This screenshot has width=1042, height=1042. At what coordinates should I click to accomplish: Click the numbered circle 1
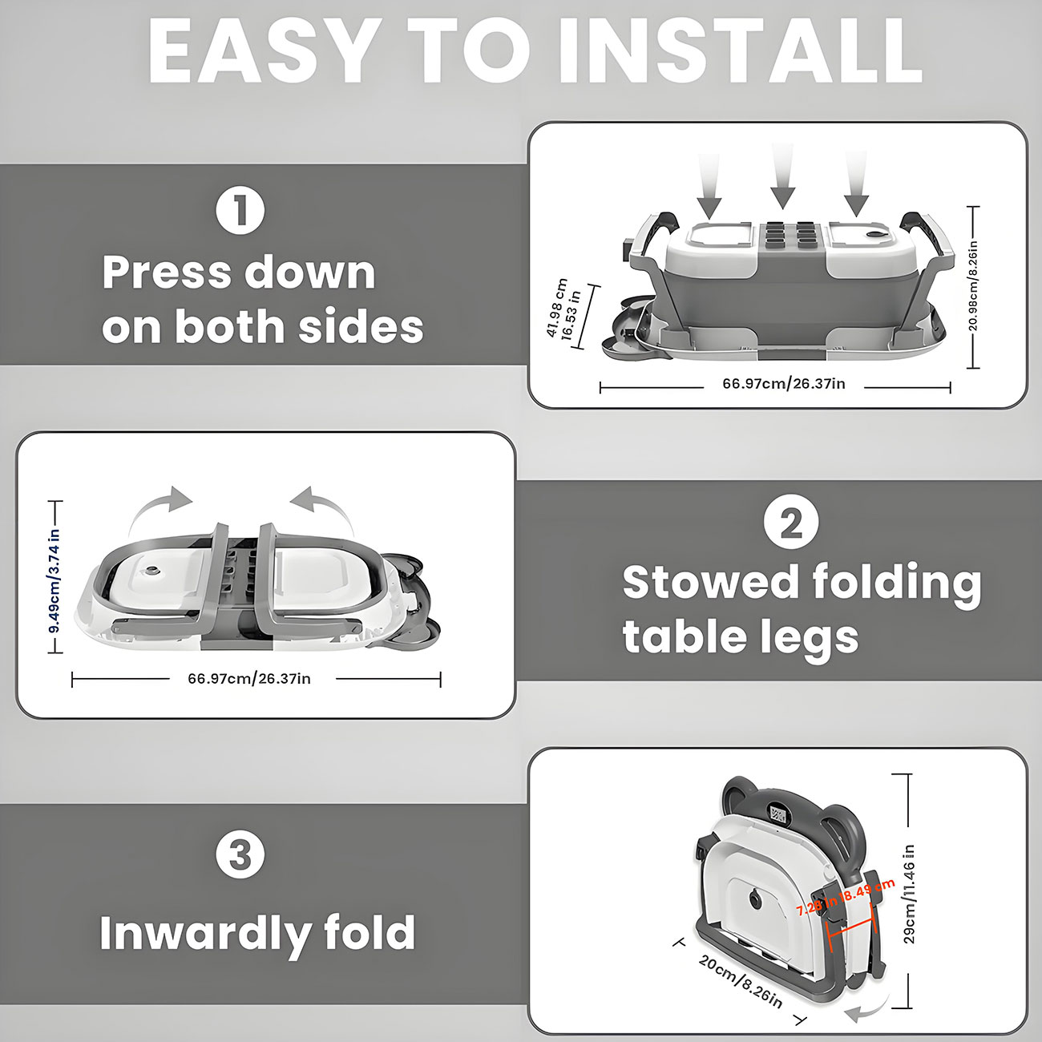point(240,211)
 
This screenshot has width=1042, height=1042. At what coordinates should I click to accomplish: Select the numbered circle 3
point(240,854)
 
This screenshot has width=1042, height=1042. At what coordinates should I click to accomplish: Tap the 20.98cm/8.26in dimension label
point(973,286)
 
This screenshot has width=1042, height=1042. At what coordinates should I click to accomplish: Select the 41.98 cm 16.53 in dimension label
point(564,309)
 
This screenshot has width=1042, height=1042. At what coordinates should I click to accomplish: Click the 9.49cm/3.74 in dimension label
point(55,580)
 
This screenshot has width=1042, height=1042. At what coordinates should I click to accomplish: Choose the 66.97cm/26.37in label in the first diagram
point(784,384)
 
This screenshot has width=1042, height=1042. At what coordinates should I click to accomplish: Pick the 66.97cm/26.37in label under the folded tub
point(249,679)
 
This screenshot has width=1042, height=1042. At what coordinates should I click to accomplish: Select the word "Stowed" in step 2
point(710,584)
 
